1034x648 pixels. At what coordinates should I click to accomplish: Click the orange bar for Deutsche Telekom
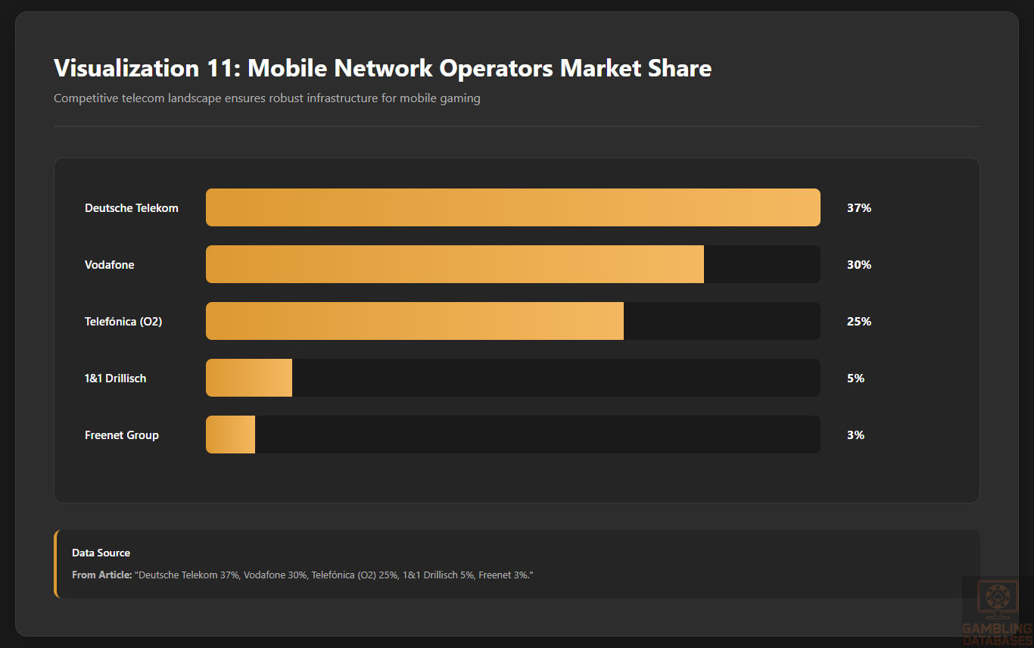click(512, 207)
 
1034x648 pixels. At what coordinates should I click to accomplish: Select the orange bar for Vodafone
click(454, 264)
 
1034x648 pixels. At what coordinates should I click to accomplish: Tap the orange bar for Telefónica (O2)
click(414, 321)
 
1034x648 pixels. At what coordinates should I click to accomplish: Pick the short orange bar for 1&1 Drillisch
click(249, 378)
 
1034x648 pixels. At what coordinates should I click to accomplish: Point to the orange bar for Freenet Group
click(231, 435)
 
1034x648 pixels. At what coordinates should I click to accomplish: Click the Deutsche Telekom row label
click(132, 208)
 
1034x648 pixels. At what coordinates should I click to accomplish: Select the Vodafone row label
click(110, 265)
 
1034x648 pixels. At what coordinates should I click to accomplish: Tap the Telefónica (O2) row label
click(123, 322)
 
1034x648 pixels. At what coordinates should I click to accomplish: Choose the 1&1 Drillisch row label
click(116, 379)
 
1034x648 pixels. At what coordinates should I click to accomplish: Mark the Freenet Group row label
click(122, 435)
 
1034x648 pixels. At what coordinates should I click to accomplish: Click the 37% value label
click(859, 208)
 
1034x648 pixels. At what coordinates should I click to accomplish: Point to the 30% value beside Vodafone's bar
click(859, 265)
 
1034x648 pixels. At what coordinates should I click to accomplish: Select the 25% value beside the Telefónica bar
click(859, 322)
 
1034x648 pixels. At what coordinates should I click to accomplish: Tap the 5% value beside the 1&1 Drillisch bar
click(855, 379)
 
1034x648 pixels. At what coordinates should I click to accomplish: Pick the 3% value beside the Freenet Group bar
click(855, 435)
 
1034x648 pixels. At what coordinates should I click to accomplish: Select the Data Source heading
click(101, 553)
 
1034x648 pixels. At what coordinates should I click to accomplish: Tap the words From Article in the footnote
click(101, 575)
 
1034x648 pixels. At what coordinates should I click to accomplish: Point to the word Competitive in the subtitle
click(86, 98)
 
